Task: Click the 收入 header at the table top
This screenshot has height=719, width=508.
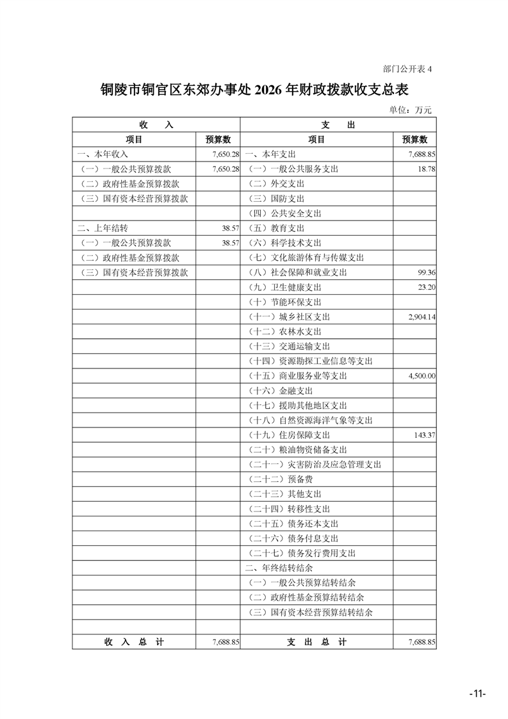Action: click(x=156, y=125)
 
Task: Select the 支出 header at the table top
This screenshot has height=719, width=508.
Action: click(x=338, y=125)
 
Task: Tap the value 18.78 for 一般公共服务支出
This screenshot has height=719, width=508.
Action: click(x=427, y=169)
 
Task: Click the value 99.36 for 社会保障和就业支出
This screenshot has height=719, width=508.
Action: click(x=427, y=272)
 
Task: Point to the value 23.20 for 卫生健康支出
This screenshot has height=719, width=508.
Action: click(x=427, y=287)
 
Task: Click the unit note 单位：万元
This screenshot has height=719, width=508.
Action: click(x=410, y=110)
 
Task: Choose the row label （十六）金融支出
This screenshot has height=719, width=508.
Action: click(x=280, y=391)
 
